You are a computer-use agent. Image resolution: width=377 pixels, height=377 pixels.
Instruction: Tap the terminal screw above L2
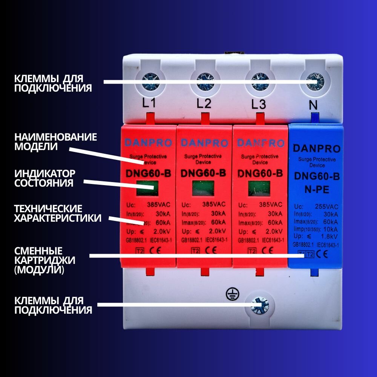click(x=205, y=81)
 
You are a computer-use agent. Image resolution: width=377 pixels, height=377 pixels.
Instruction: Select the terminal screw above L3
click(x=260, y=81)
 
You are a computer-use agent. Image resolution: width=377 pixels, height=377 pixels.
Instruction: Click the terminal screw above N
click(x=315, y=80)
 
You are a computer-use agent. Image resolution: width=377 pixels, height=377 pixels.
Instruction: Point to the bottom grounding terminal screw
click(x=260, y=305)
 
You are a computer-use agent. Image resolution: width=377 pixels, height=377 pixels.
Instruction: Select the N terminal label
click(x=313, y=105)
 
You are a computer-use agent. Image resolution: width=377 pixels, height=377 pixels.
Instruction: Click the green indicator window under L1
click(x=147, y=188)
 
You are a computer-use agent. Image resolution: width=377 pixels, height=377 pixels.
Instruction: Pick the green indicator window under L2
click(x=203, y=188)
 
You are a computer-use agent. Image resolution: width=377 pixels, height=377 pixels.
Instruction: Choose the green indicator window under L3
click(x=259, y=188)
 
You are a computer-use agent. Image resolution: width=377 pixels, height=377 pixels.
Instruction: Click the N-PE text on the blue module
click(x=317, y=190)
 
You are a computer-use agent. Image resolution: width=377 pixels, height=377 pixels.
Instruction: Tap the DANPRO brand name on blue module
click(x=316, y=149)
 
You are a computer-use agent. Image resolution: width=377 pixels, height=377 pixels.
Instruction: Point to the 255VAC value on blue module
click(x=326, y=207)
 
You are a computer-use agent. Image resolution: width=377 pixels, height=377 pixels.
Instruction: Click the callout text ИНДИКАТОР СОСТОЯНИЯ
click(x=45, y=178)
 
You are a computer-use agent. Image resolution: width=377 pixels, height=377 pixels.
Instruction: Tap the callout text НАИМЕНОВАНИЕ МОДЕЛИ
click(x=55, y=141)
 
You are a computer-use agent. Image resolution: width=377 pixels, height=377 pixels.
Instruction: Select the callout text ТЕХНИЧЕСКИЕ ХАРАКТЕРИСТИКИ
click(x=58, y=213)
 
